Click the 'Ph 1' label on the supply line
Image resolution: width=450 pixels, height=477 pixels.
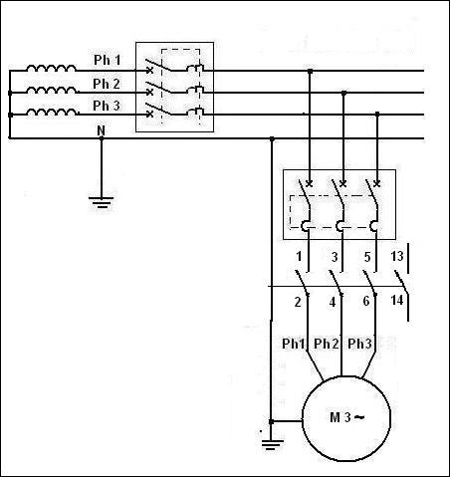108,60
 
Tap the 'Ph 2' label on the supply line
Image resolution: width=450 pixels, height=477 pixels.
107,84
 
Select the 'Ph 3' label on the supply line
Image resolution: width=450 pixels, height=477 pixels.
107,106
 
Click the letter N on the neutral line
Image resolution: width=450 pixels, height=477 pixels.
101,130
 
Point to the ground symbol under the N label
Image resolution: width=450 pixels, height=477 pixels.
101,202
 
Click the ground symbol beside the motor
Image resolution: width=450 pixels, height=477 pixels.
273,444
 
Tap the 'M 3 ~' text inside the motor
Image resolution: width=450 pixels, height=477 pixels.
346,417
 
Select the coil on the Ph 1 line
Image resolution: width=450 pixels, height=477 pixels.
51,69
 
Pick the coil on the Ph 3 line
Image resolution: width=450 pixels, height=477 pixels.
52,113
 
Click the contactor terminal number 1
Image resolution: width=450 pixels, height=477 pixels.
299,256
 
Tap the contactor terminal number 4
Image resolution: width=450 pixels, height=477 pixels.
333,302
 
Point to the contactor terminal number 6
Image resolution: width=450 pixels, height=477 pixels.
366,301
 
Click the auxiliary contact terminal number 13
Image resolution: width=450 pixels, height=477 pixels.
397,256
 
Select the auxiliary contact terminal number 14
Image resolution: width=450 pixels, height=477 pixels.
397,300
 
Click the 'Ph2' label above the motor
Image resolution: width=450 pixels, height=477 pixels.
327,344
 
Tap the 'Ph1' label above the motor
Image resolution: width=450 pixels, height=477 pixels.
293,344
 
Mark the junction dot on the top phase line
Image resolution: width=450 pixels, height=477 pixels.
311,71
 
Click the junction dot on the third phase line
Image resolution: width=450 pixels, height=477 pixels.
377,115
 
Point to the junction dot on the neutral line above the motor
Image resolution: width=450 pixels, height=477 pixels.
272,138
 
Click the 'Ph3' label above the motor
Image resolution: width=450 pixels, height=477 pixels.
359,344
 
